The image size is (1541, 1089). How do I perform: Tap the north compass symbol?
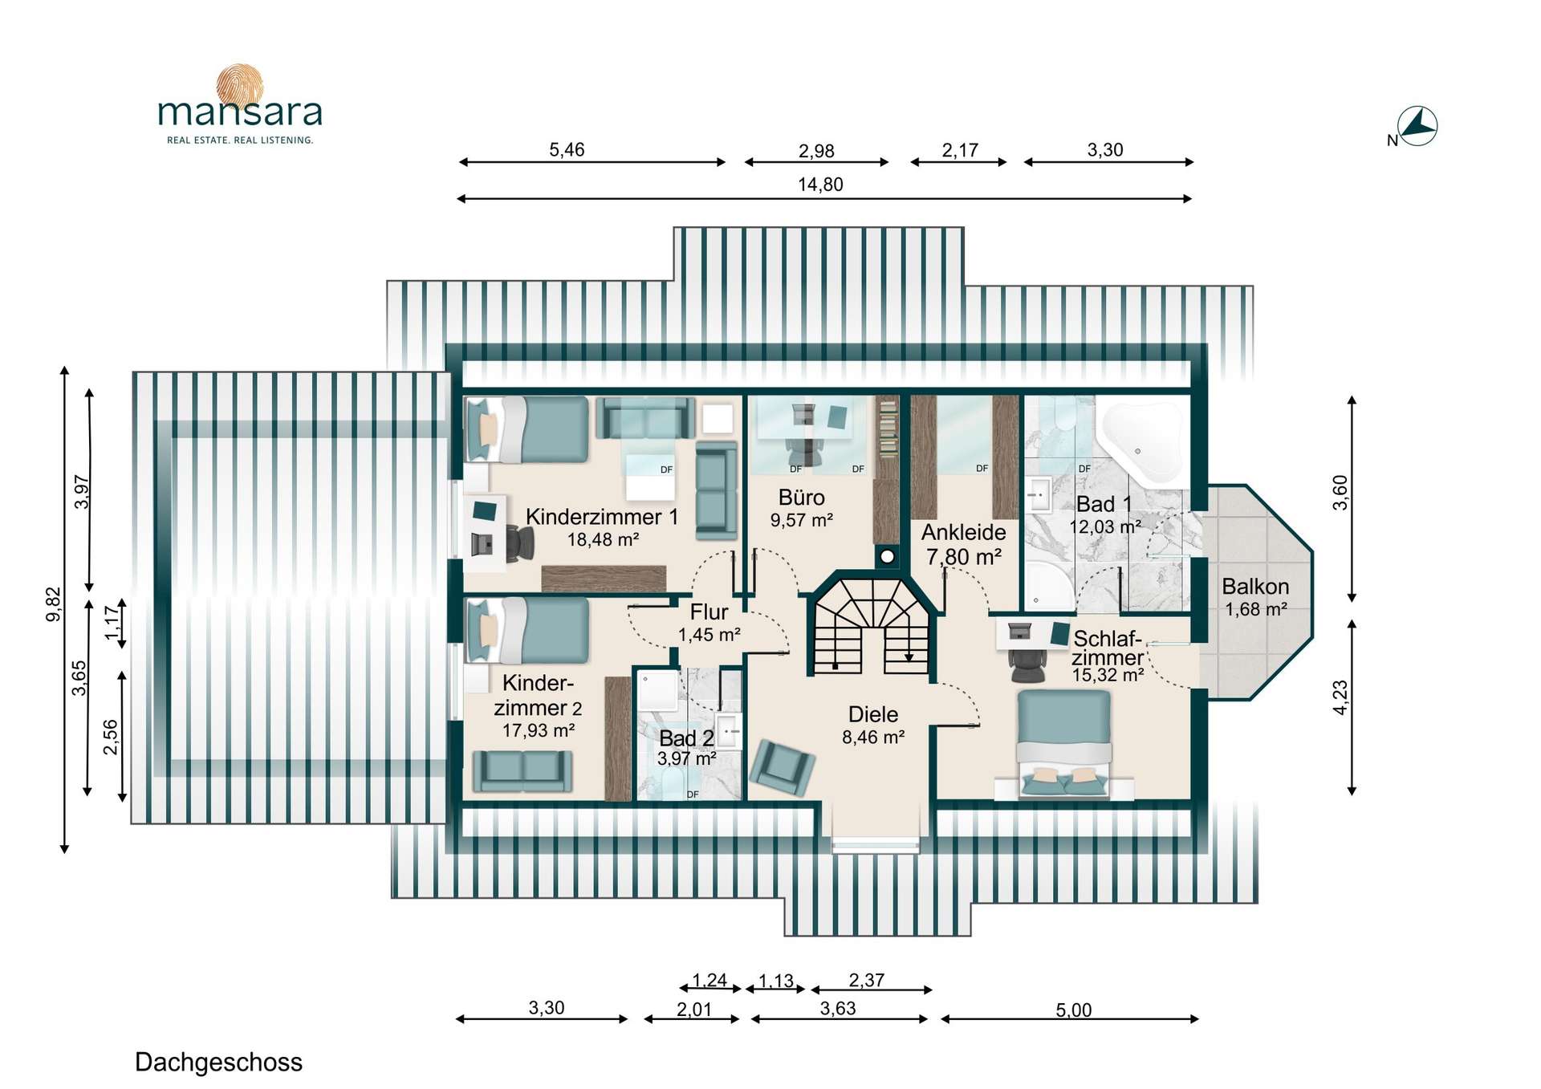tap(1417, 127)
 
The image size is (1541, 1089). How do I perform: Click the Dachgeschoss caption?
tap(218, 1063)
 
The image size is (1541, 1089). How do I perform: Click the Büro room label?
tap(801, 498)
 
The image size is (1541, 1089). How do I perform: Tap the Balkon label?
tap(1255, 587)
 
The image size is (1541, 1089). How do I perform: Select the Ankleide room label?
tap(963, 532)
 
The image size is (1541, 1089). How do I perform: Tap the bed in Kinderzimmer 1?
tap(528, 429)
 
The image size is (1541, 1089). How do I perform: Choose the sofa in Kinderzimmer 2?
tap(522, 770)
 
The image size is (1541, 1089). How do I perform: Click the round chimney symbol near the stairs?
tap(888, 556)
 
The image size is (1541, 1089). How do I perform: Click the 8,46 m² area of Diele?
tap(873, 737)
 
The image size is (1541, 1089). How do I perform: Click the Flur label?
tap(709, 612)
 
